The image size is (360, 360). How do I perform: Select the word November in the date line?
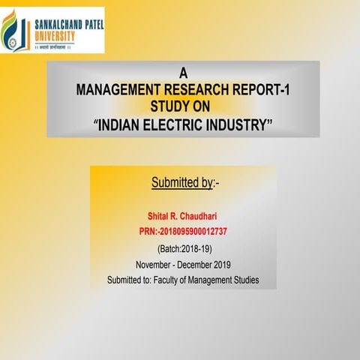pyautogui.click(x=154, y=264)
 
